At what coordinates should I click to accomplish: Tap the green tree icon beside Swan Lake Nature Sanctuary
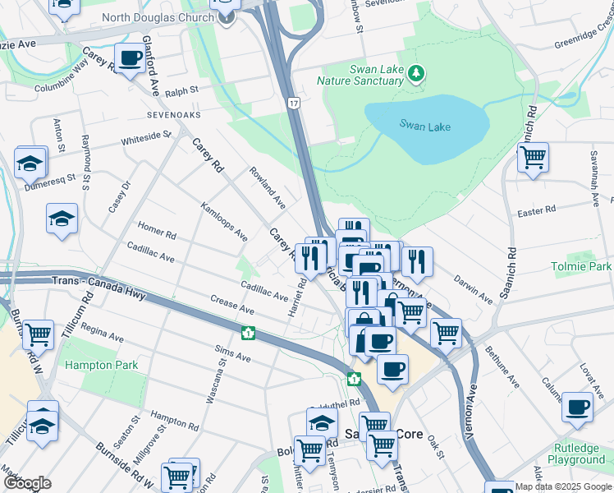point(418,74)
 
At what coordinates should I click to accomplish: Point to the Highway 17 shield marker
point(293,103)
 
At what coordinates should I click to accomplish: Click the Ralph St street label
point(181,90)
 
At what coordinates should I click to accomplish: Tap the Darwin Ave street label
point(473,284)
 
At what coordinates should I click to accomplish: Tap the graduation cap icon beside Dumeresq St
point(30,162)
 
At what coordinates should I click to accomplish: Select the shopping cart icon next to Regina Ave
point(38,334)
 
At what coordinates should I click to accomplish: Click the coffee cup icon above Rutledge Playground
point(577,406)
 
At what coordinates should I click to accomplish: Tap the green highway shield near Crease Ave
point(247,334)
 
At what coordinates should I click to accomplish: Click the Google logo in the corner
point(27,483)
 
